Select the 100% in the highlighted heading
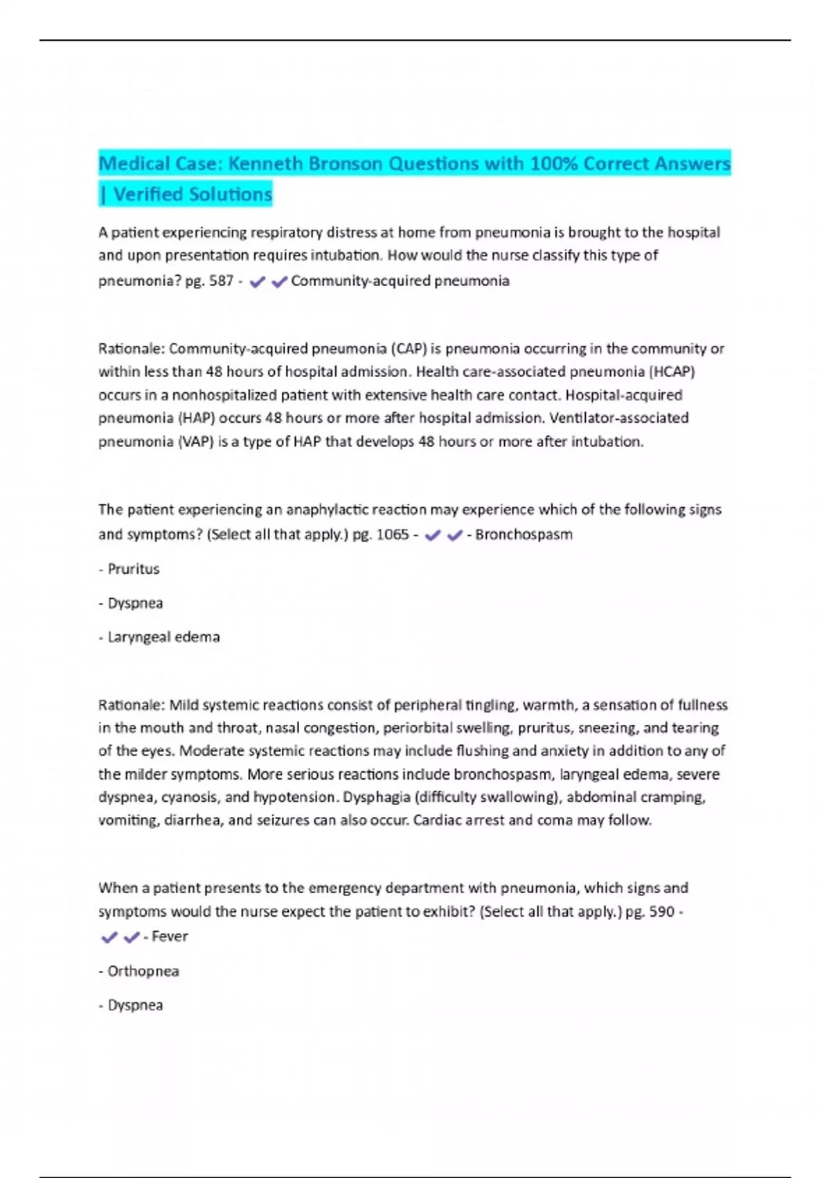coord(553,164)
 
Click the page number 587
coord(221,281)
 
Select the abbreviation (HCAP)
coord(671,371)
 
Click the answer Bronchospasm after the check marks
coord(524,534)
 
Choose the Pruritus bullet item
coord(133,569)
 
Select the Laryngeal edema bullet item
coord(163,637)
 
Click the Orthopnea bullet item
coord(143,971)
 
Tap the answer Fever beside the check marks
coord(170,936)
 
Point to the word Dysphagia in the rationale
coord(377,797)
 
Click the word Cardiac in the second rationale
coord(435,820)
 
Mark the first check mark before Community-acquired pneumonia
coord(257,281)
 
